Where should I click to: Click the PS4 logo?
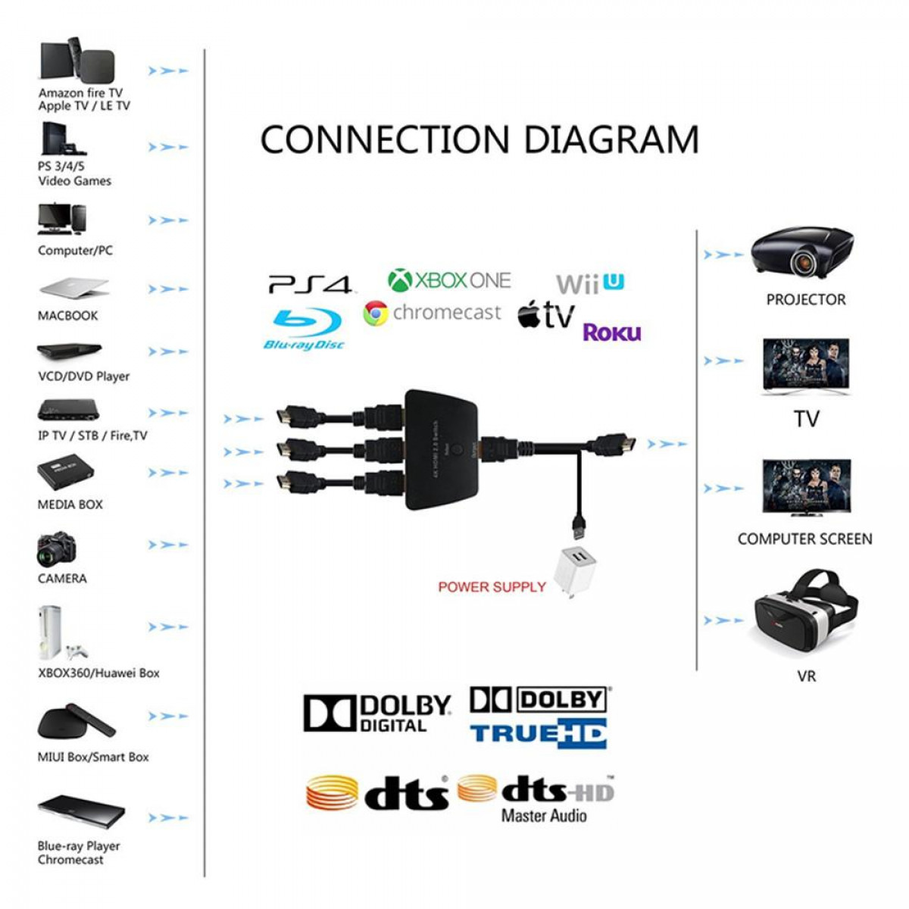click(x=310, y=285)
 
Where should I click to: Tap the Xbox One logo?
click(x=449, y=280)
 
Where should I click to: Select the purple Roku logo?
click(x=611, y=333)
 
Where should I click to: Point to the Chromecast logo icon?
click(x=376, y=313)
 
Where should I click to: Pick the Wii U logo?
click(x=589, y=284)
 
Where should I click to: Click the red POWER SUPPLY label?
click(x=492, y=587)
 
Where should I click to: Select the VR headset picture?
click(x=805, y=614)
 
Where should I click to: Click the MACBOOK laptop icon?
click(x=73, y=289)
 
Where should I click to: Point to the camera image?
click(x=56, y=549)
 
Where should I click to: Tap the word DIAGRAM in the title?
click(x=611, y=140)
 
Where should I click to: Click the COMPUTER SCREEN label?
click(x=804, y=539)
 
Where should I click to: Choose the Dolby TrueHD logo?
click(x=539, y=717)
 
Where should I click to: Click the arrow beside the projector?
click(x=723, y=255)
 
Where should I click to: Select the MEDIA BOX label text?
click(x=70, y=504)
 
